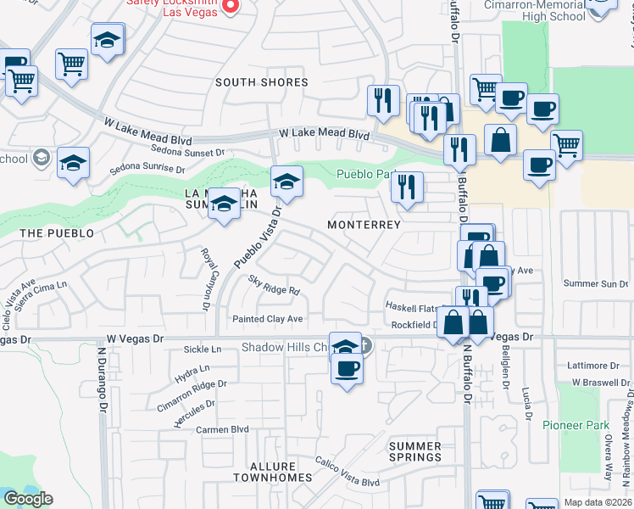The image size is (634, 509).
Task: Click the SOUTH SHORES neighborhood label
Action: pyautogui.click(x=261, y=82)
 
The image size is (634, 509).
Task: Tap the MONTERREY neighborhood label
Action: pyautogui.click(x=364, y=225)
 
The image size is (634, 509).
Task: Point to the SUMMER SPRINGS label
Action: pyautogui.click(x=415, y=451)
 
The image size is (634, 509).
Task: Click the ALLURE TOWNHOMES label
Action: pyautogui.click(x=273, y=473)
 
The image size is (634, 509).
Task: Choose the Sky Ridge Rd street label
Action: pyautogui.click(x=274, y=285)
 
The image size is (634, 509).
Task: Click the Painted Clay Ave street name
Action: pyautogui.click(x=268, y=319)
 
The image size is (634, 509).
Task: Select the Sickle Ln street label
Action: pyautogui.click(x=203, y=350)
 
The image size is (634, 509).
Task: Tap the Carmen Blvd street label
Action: pyautogui.click(x=222, y=429)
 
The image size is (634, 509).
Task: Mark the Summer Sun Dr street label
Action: pyautogui.click(x=592, y=283)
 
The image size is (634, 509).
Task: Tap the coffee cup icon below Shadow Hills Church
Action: pyautogui.click(x=346, y=369)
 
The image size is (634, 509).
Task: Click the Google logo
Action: pyautogui.click(x=28, y=499)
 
